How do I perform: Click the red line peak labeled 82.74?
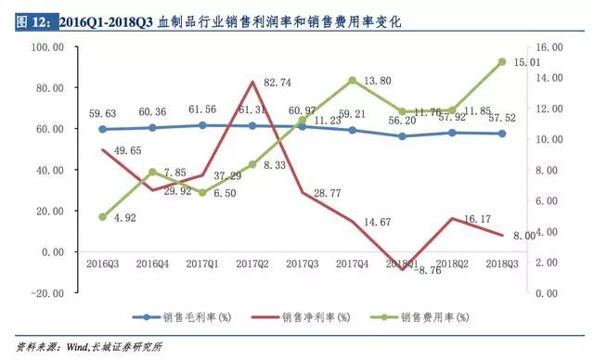(x=252, y=83)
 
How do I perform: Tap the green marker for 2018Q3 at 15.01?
(x=501, y=61)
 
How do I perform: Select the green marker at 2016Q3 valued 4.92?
(x=102, y=216)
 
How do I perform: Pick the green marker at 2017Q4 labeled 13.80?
(x=352, y=80)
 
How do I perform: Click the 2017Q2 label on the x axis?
(x=252, y=264)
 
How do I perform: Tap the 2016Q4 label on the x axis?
(x=152, y=264)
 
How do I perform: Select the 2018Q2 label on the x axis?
(x=452, y=264)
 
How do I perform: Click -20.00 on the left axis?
(x=46, y=292)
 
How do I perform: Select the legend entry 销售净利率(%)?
(x=309, y=317)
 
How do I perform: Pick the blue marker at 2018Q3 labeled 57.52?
(x=501, y=134)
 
